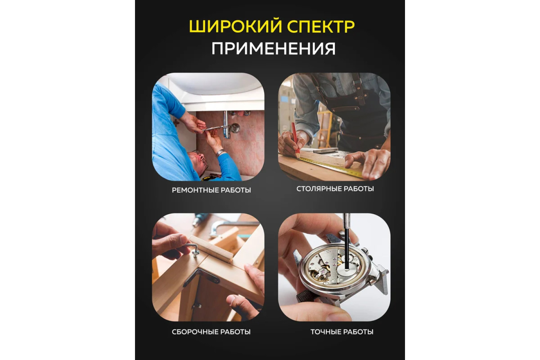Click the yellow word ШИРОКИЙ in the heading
tap(235, 27)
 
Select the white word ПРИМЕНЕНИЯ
tap(273, 49)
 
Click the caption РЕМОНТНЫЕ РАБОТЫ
tap(211, 190)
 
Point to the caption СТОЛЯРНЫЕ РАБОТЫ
tap(335, 189)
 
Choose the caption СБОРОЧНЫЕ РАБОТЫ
tap(211, 332)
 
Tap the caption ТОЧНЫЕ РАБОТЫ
tap(342, 332)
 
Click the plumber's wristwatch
tap(220, 153)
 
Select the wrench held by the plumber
tap(212, 128)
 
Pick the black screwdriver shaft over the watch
tap(347, 243)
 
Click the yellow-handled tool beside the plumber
tap(209, 178)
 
